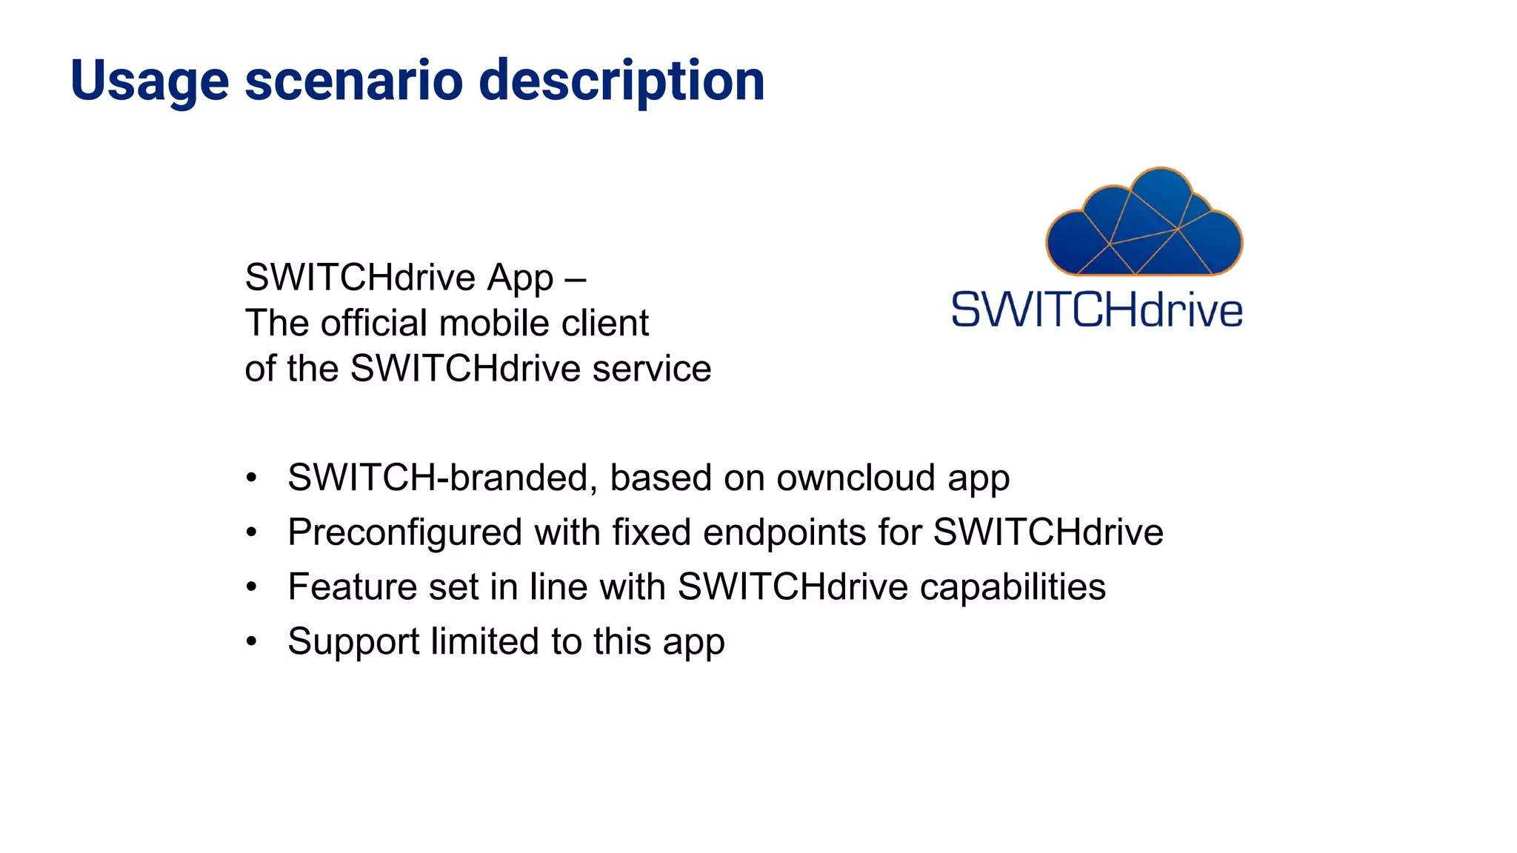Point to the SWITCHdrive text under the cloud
click(x=1097, y=310)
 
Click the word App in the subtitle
click(x=520, y=279)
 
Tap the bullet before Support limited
click(x=252, y=642)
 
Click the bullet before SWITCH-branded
click(x=252, y=478)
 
